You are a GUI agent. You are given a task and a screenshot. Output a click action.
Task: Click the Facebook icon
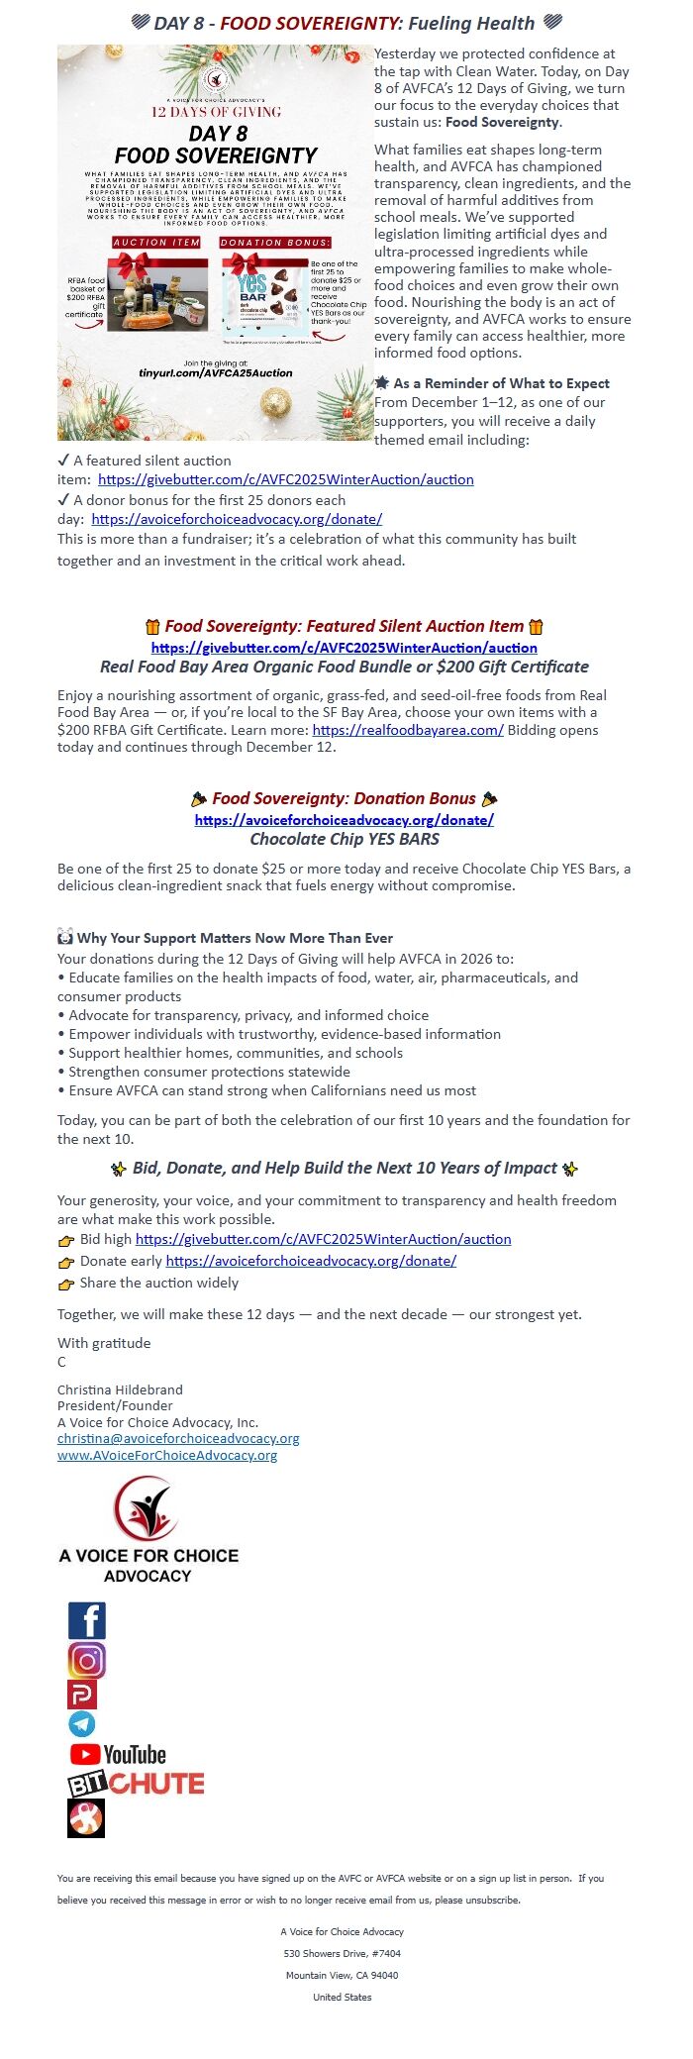pyautogui.click(x=87, y=1620)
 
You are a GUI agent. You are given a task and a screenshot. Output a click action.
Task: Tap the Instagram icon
pyautogui.click(x=87, y=1660)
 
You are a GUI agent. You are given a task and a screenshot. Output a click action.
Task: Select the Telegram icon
pyautogui.click(x=82, y=1724)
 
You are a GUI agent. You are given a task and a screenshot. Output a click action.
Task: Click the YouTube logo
pyautogui.click(x=118, y=1754)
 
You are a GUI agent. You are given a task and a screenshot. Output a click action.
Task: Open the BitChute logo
pyautogui.click(x=136, y=1784)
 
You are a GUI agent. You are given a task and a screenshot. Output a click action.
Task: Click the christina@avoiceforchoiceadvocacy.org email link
pyautogui.click(x=178, y=1438)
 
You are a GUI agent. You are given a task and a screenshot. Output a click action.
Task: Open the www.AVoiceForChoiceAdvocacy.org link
pyautogui.click(x=167, y=1455)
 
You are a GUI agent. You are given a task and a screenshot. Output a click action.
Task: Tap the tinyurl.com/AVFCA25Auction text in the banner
pyautogui.click(x=216, y=372)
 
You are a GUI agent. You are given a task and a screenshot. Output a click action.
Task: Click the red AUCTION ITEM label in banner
pyautogui.click(x=156, y=242)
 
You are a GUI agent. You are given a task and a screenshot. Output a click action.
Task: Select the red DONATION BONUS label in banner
pyautogui.click(x=275, y=242)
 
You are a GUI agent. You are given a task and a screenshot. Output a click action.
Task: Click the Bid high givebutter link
pyautogui.click(x=323, y=1239)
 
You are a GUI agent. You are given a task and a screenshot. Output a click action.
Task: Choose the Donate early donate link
pyautogui.click(x=311, y=1261)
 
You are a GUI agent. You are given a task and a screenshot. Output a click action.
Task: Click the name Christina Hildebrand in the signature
pyautogui.click(x=120, y=1390)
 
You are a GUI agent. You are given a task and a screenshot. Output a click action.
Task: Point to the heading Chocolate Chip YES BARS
pyautogui.click(x=345, y=839)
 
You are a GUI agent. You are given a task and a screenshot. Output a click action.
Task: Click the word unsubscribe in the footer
pyautogui.click(x=492, y=1900)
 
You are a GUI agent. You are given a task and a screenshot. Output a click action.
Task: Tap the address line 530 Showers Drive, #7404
pyautogui.click(x=343, y=1953)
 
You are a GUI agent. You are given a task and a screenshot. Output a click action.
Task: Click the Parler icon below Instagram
pyautogui.click(x=82, y=1694)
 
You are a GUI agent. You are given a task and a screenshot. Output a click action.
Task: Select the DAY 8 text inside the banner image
pyautogui.click(x=217, y=134)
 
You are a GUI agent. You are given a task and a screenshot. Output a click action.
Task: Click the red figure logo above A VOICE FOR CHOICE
pyautogui.click(x=147, y=1508)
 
